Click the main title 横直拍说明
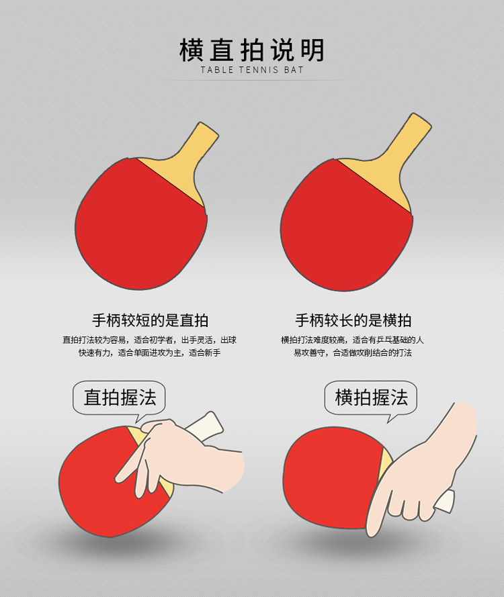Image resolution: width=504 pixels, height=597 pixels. coord(252,50)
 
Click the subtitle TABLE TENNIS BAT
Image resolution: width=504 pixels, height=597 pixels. coord(252,70)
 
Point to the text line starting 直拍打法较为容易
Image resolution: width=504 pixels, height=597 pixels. coord(150,340)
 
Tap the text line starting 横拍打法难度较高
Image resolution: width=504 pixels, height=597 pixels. coord(353,340)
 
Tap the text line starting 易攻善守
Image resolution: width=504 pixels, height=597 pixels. coord(353,353)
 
